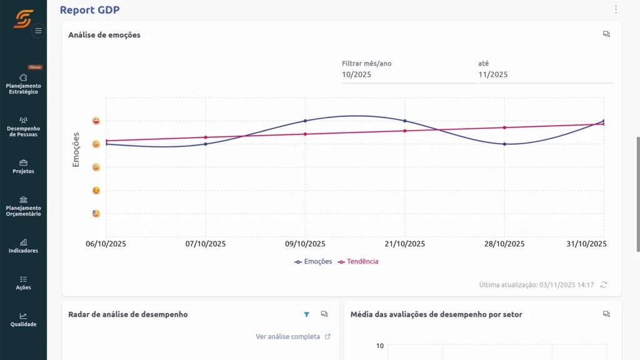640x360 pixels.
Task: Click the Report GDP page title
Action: (x=89, y=10)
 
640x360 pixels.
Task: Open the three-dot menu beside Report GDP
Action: (x=616, y=9)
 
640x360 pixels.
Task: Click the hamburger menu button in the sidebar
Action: (x=38, y=31)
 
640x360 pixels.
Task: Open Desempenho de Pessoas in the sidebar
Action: (x=23, y=126)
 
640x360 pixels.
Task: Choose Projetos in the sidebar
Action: (x=23, y=166)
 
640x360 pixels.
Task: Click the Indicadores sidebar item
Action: (x=23, y=246)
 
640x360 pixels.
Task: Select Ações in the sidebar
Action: (x=23, y=282)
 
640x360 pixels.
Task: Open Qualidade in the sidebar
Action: (x=23, y=319)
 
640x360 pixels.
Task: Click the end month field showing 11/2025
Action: (x=544, y=74)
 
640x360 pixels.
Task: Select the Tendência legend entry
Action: (x=358, y=262)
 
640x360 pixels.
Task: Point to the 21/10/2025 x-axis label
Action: (x=405, y=244)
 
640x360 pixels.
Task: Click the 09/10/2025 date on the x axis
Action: (x=305, y=244)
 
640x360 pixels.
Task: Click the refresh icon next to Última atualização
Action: (x=603, y=284)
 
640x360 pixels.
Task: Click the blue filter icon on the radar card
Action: (x=306, y=314)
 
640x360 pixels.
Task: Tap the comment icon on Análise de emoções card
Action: (x=606, y=34)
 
